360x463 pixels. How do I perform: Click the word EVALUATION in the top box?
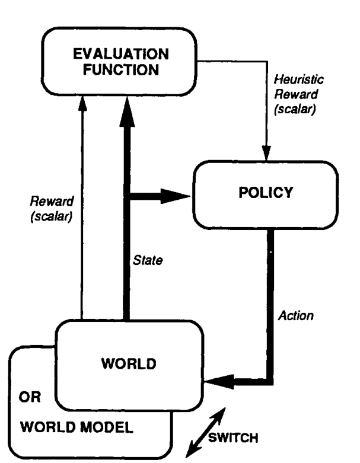[121, 54]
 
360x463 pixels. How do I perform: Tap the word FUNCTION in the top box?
[121, 70]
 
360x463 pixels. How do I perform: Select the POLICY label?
[266, 193]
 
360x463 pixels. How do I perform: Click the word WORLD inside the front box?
[129, 363]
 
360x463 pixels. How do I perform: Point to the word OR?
[30, 397]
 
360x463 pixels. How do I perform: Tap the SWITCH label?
[233, 438]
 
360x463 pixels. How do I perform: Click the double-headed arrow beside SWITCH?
[206, 432]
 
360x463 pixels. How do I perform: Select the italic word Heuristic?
[298, 79]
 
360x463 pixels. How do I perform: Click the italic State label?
[148, 260]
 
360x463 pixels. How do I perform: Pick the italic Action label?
[295, 315]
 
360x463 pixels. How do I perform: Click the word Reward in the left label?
[52, 202]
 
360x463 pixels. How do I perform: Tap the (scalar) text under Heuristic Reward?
[295, 109]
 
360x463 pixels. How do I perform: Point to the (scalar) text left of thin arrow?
[52, 216]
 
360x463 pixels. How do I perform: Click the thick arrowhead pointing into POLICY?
[176, 196]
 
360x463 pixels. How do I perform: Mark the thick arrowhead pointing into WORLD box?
[219, 382]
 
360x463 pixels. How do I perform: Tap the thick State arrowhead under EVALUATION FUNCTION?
[127, 111]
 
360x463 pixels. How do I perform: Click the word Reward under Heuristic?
[296, 94]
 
